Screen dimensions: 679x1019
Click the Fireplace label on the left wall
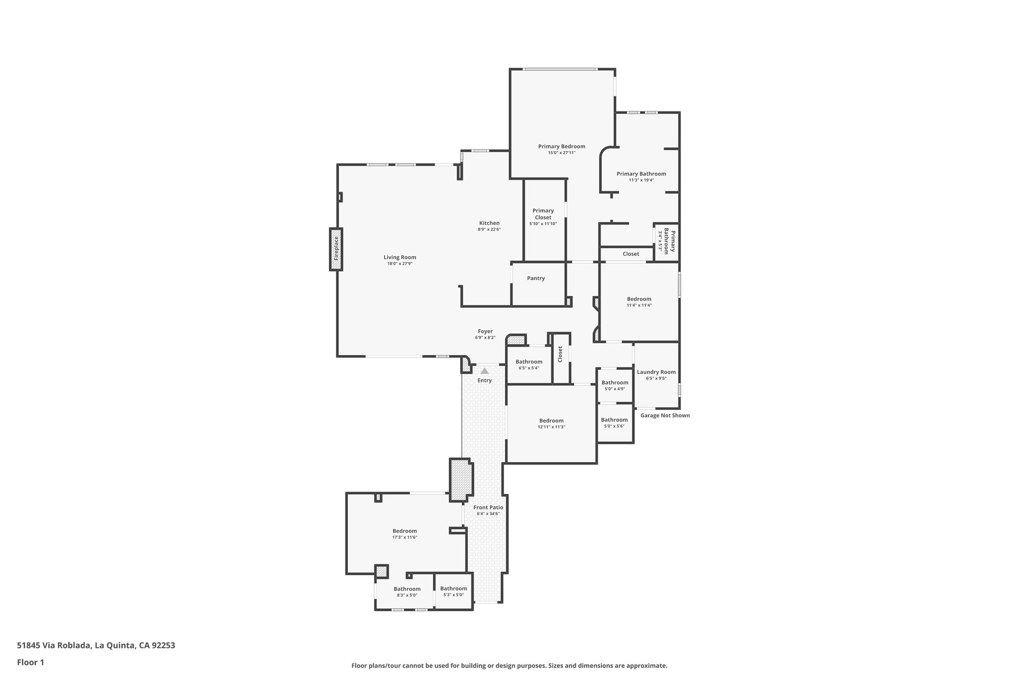(336, 248)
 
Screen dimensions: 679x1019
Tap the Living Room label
(400, 257)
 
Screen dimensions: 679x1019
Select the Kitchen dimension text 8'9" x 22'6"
(489, 229)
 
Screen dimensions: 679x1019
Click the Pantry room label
(536, 278)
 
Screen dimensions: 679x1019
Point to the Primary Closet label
(543, 214)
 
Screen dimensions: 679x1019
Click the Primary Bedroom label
(561, 146)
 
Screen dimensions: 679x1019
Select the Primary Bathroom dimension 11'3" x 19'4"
(641, 180)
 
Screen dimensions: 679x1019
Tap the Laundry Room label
(656, 372)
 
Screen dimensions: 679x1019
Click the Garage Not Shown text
(665, 415)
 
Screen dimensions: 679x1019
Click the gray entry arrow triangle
(485, 371)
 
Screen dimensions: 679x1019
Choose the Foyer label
(485, 331)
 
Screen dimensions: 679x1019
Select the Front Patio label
(488, 507)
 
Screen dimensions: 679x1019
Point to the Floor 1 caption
(30, 662)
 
